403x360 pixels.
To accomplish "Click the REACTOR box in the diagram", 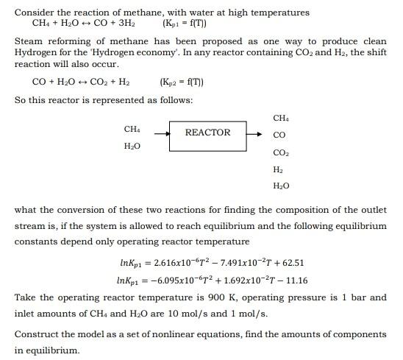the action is tap(207, 133).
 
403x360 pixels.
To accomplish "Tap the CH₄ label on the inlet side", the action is tap(132, 130).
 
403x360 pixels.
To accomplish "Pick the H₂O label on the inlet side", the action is tap(132, 147).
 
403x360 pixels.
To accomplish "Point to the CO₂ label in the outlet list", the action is tap(280, 152).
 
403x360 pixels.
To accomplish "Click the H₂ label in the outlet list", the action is tap(278, 169).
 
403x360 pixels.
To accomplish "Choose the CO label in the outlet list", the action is tap(279, 135).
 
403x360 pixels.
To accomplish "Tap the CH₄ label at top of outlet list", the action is tap(280, 118).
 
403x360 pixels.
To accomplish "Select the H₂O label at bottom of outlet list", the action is tap(281, 186).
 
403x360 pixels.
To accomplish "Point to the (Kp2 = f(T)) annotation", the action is tap(180, 82).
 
